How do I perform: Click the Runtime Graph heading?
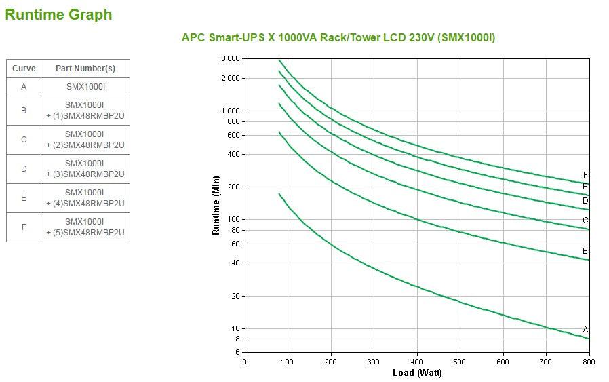(x=58, y=14)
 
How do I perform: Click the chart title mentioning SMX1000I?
(x=338, y=37)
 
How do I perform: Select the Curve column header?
(x=24, y=69)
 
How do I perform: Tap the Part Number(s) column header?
(x=85, y=69)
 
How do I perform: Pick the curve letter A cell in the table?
(x=24, y=87)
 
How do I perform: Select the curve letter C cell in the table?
(x=24, y=140)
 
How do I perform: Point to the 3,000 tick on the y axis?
(x=231, y=59)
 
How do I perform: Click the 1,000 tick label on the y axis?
(x=231, y=111)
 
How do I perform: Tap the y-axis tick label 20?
(x=235, y=296)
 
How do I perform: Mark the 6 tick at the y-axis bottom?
(x=237, y=352)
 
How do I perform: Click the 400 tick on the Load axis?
(x=417, y=362)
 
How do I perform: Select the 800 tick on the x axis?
(x=589, y=362)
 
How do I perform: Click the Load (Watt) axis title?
(x=417, y=373)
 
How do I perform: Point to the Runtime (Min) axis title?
(x=216, y=205)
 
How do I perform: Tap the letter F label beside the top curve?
(x=585, y=175)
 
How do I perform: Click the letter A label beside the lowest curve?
(x=585, y=330)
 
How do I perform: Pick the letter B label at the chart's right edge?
(x=585, y=251)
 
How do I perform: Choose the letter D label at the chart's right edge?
(x=585, y=201)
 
